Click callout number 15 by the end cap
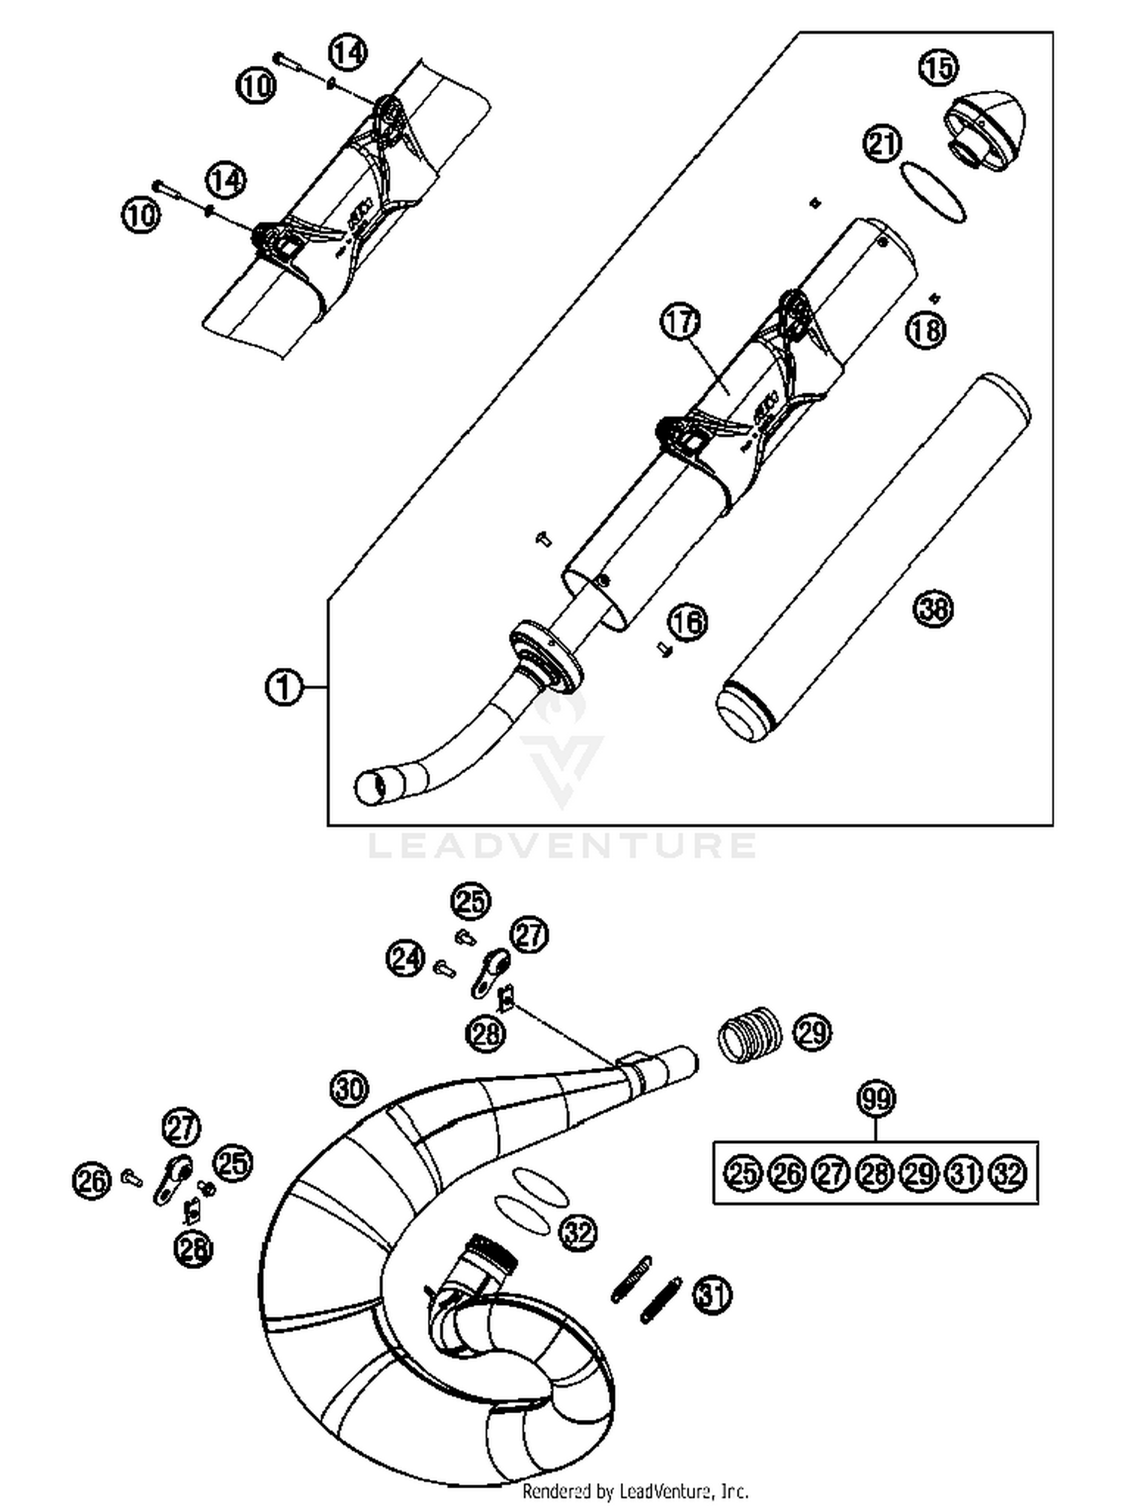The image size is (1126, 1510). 938,68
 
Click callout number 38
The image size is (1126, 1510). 933,607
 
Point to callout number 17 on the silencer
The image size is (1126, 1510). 680,323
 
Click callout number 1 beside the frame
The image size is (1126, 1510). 284,687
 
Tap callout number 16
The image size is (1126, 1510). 688,622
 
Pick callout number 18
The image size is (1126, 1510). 926,329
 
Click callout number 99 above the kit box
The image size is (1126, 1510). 876,1099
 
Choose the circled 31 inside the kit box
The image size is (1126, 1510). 964,1173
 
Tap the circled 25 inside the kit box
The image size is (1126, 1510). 743,1173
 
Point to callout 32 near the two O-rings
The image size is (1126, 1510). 578,1232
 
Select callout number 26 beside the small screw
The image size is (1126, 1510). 92,1181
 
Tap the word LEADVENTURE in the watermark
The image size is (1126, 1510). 562,846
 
